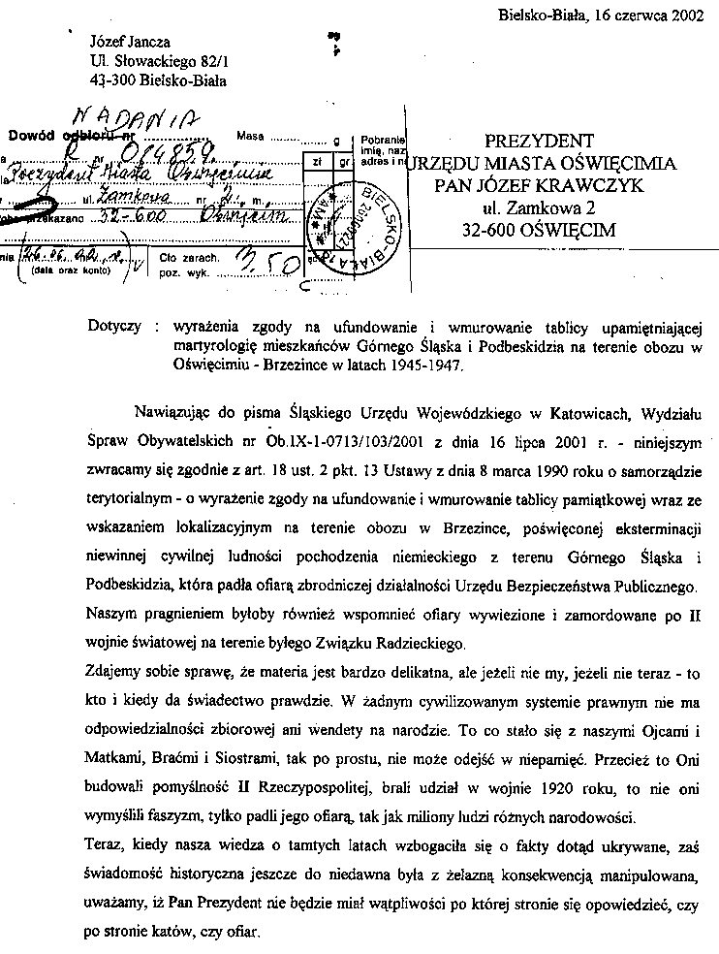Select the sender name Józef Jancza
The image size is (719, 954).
coord(130,42)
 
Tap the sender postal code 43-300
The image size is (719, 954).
coord(111,80)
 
